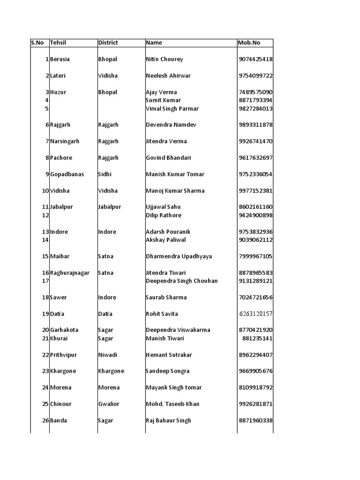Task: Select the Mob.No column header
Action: (x=249, y=43)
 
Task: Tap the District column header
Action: (x=108, y=43)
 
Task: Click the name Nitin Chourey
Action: (x=165, y=60)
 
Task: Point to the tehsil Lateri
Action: (x=58, y=76)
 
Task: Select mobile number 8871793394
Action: (x=255, y=100)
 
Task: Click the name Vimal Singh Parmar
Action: (x=172, y=109)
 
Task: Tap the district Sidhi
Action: (x=105, y=174)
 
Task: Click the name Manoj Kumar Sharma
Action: (x=175, y=191)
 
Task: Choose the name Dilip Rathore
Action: (x=163, y=216)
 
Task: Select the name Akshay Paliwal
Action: (x=165, y=240)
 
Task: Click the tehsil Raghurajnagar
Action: (x=69, y=273)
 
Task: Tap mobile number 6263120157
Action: (x=255, y=314)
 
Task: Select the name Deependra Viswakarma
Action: (x=178, y=330)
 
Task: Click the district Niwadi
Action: (x=107, y=355)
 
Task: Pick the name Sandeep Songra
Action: (x=167, y=371)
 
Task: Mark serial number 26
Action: (x=45, y=420)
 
